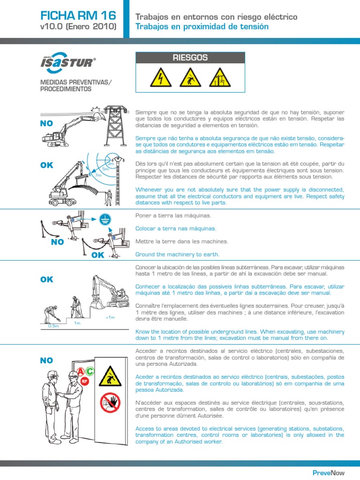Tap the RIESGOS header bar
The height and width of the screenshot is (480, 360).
(x=190, y=58)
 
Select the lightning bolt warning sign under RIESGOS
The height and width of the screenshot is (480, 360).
(x=161, y=77)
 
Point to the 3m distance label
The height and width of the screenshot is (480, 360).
(x=111, y=164)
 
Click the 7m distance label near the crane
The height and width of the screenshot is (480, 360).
(x=98, y=175)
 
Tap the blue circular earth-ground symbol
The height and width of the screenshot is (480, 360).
(x=105, y=217)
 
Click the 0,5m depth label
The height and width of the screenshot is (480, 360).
(x=53, y=325)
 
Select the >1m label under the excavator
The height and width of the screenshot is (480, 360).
(x=110, y=317)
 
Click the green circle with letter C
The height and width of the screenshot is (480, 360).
(x=90, y=372)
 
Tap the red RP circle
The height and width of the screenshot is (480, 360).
(x=85, y=382)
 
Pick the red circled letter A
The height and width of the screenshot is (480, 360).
(x=81, y=372)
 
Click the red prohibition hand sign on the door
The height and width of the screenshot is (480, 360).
(x=110, y=403)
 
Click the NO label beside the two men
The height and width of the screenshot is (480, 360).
(x=47, y=360)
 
